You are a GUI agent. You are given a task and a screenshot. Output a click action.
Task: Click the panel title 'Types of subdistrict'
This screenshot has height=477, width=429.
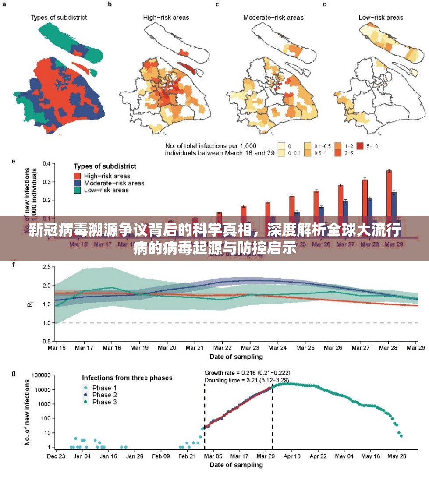(x=59, y=18)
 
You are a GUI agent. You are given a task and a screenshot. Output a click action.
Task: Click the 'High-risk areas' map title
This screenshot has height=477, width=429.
(x=166, y=18)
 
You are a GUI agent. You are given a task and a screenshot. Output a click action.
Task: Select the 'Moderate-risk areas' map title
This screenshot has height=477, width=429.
(x=273, y=18)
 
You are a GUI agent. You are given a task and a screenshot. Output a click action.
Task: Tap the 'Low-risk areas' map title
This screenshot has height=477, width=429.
(x=381, y=18)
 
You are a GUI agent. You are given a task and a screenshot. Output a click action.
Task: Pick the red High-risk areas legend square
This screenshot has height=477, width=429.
(x=78, y=176)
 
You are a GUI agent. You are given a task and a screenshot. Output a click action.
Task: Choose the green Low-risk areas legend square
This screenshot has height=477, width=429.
(x=78, y=190)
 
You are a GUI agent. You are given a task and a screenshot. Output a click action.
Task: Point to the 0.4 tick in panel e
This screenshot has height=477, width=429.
(x=47, y=163)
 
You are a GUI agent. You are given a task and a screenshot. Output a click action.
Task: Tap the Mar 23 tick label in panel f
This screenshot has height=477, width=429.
(x=250, y=347)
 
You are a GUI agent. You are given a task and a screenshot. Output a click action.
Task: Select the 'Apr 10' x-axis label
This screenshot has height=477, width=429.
(x=292, y=456)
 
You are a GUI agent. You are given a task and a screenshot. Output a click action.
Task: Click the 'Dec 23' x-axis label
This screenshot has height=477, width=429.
(x=56, y=456)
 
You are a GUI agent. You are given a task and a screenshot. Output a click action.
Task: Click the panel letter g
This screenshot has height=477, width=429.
(x=14, y=373)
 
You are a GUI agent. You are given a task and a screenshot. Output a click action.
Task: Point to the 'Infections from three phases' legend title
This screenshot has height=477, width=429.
(x=127, y=378)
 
